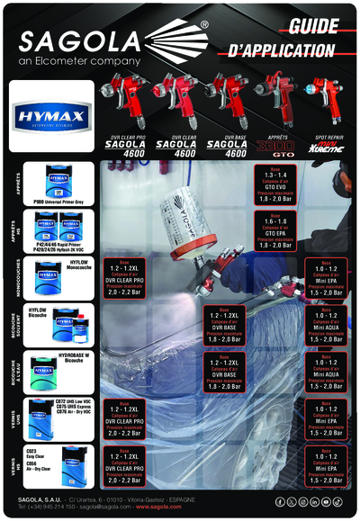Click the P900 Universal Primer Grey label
58,202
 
